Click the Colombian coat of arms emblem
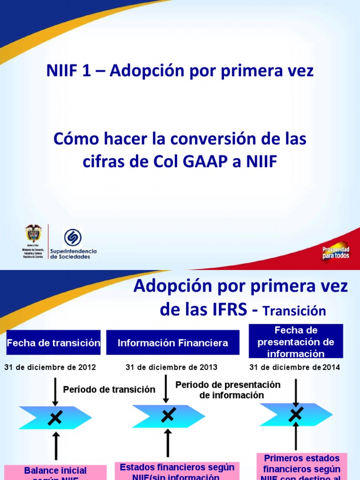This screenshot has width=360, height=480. (x=33, y=233)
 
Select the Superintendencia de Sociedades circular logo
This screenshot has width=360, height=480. (x=72, y=237)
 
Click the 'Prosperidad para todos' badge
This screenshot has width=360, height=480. (x=335, y=252)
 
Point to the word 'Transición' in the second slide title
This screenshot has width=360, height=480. (x=294, y=310)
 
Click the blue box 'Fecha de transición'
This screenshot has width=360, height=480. (x=53, y=343)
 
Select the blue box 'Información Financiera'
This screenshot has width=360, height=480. (x=173, y=343)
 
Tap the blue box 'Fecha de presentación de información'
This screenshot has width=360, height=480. (x=296, y=342)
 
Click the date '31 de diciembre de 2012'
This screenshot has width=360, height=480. (x=50, y=367)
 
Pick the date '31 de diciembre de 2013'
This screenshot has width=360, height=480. (x=172, y=367)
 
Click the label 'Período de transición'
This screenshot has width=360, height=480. (x=109, y=389)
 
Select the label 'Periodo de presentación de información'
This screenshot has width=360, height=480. (x=228, y=390)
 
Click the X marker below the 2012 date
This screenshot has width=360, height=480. (x=55, y=418)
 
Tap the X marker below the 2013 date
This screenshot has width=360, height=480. (x=168, y=415)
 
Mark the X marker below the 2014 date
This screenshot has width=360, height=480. (x=296, y=414)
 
